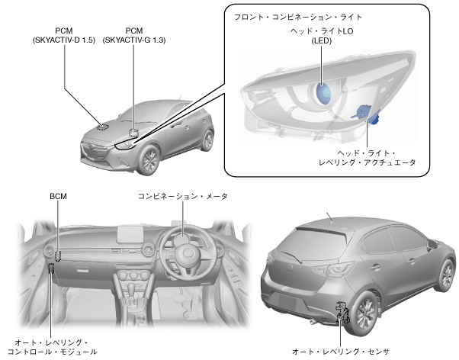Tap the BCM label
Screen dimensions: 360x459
tap(59, 197)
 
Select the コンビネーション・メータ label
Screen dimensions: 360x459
tap(183, 197)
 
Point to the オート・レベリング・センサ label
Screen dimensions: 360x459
tap(341, 352)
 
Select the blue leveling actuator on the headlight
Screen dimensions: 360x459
tap(369, 114)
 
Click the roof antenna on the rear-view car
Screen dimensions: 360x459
tap(329, 215)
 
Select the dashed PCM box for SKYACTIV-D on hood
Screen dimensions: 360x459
tap(103, 124)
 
